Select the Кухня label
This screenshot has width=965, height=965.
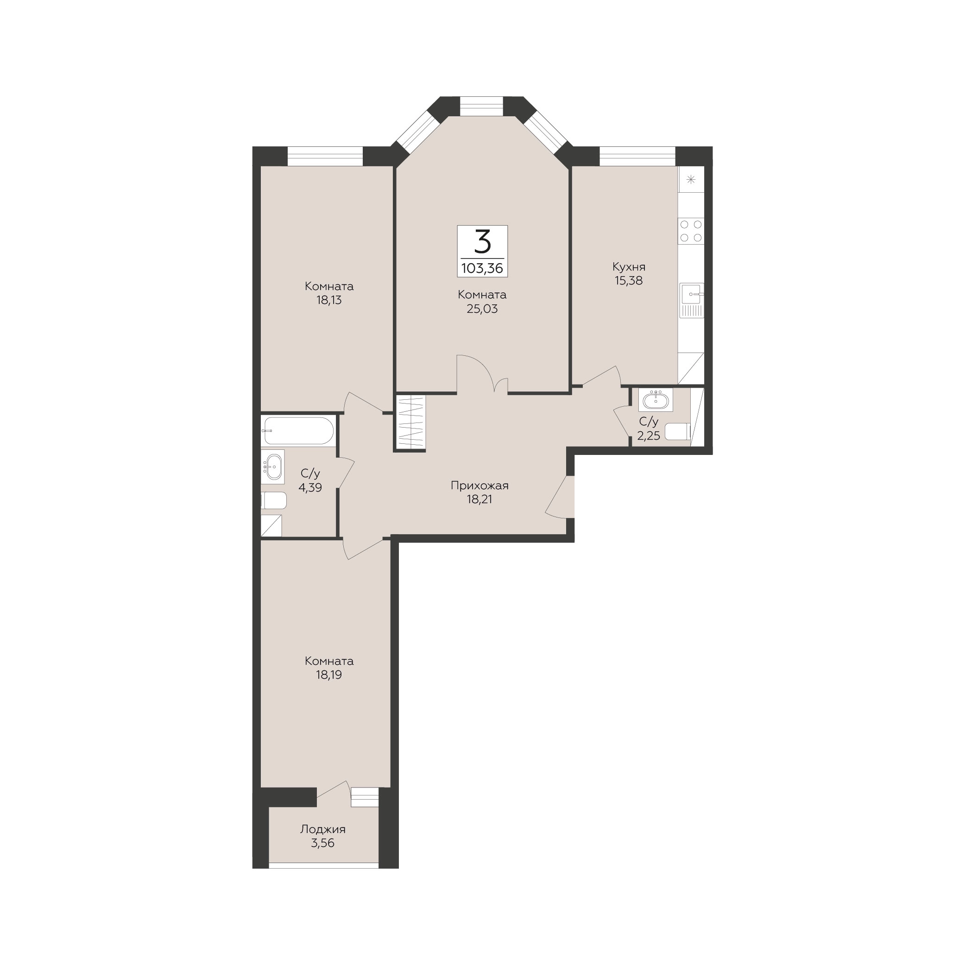click(x=629, y=267)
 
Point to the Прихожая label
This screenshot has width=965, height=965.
click(x=479, y=485)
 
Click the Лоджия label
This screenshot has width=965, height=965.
click(x=322, y=829)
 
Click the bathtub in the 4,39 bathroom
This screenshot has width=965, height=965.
click(x=298, y=430)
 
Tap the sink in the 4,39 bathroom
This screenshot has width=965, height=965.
click(x=273, y=467)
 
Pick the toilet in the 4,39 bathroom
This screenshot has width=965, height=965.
click(x=274, y=500)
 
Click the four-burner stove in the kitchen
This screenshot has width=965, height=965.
click(x=691, y=231)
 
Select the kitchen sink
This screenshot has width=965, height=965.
click(x=692, y=300)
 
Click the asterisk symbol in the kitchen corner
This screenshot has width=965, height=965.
click(x=691, y=180)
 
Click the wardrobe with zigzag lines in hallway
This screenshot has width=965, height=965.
click(x=410, y=422)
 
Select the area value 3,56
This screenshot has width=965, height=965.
click(x=322, y=843)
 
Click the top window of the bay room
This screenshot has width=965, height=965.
click(x=481, y=106)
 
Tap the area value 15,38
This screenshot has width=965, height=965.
click(x=629, y=281)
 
